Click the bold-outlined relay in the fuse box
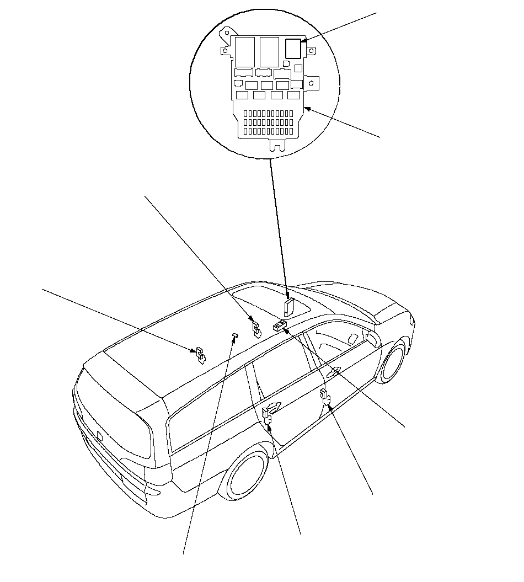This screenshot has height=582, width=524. [x=293, y=49]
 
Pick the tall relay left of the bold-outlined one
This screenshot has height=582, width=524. [x=269, y=52]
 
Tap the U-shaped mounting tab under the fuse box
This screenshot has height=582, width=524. [x=276, y=145]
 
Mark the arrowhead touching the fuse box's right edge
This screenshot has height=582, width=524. [x=307, y=109]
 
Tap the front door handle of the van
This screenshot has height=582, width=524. [x=334, y=372]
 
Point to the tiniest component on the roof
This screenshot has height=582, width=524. [x=234, y=335]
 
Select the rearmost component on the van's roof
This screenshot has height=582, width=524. [x=199, y=356]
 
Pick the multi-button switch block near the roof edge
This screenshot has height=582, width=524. [x=279, y=327]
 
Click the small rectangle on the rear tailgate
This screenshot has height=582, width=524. [x=100, y=435]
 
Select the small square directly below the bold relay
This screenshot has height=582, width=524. [x=298, y=67]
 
